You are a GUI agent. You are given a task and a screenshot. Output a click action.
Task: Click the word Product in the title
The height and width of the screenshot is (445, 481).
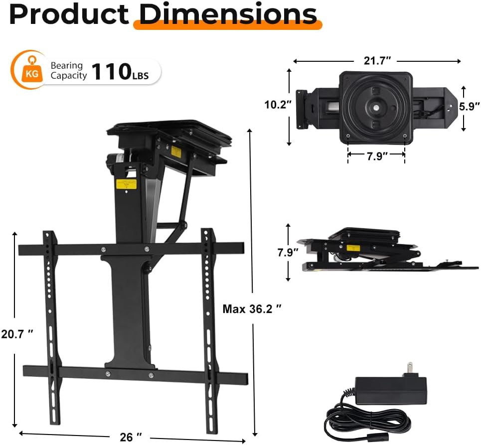click(x=69, y=15)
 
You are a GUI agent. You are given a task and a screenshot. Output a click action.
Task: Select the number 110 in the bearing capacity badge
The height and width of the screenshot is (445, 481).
click(x=112, y=71)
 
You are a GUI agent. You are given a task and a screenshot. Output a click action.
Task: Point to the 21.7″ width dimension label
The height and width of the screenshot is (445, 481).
click(x=377, y=60)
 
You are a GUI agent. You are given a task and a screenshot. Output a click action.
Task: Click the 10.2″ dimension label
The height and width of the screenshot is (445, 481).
click(x=278, y=105)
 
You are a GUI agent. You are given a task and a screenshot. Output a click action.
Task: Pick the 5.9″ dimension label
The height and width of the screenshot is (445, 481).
click(x=470, y=107)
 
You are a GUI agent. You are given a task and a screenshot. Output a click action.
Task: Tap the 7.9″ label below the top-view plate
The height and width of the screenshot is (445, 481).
click(x=377, y=156)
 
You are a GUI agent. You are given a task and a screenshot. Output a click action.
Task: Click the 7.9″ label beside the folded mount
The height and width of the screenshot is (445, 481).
click(x=288, y=253)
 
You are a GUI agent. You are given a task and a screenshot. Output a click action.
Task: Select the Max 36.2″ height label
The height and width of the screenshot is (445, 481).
click(x=252, y=309)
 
